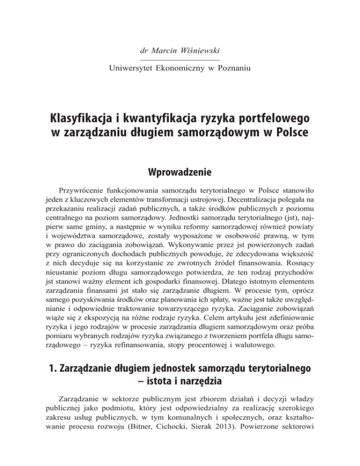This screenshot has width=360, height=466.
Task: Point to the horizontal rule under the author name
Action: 180,60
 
